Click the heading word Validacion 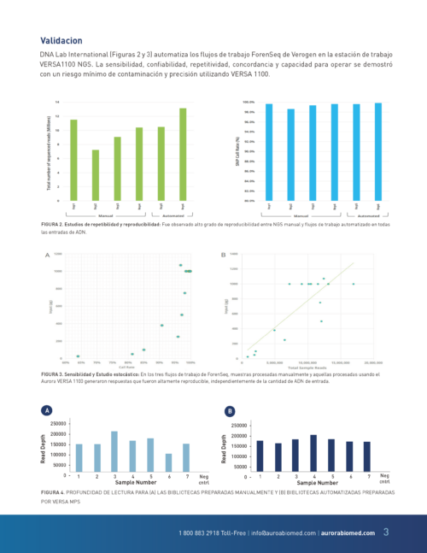61,40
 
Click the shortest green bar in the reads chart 96,175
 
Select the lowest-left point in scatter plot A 78,356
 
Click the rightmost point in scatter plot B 354,284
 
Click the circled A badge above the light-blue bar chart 46,411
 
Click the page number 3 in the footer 385,532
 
